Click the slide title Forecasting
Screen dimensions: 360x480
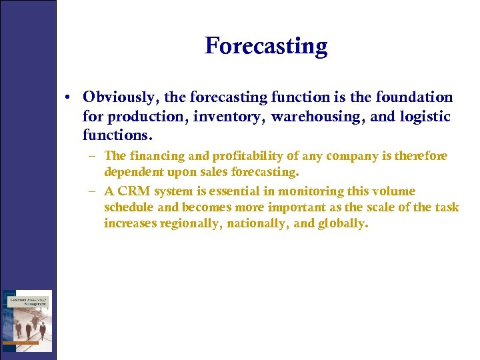pos(266,46)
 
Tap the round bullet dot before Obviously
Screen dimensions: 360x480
pos(69,98)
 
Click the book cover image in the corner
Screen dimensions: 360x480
pos(27,321)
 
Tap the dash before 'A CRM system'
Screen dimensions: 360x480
pos(91,191)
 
